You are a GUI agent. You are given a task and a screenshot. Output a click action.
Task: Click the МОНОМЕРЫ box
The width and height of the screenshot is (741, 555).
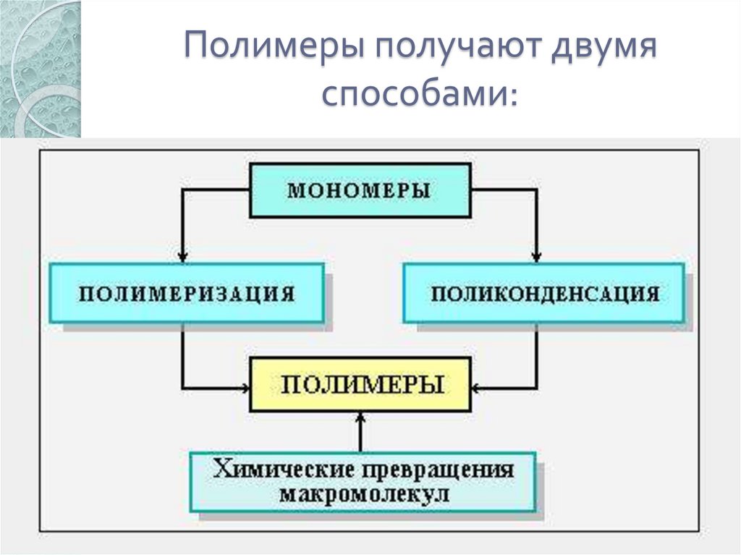pyautogui.click(x=360, y=190)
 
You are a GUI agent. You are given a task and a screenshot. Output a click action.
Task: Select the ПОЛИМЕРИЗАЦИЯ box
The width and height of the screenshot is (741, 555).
pyautogui.click(x=187, y=293)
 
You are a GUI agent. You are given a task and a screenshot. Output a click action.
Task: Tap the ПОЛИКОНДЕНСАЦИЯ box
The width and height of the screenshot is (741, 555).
pyautogui.click(x=543, y=293)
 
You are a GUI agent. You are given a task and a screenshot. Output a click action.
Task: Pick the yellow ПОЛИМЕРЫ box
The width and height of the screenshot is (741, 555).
pyautogui.click(x=360, y=384)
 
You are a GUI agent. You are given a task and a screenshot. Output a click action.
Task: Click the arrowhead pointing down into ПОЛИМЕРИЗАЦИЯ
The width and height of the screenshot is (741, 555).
pyautogui.click(x=182, y=257)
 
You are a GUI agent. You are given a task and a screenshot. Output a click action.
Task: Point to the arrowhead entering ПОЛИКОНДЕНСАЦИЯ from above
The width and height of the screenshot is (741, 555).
pyautogui.click(x=536, y=257)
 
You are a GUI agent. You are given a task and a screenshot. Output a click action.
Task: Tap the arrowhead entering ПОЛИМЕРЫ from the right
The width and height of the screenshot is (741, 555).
pyautogui.click(x=476, y=385)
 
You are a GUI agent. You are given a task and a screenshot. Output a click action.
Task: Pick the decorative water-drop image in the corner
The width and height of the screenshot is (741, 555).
pyautogui.click(x=41, y=69)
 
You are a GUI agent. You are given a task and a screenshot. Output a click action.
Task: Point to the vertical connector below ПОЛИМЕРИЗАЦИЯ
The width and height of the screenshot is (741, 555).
pyautogui.click(x=182, y=355)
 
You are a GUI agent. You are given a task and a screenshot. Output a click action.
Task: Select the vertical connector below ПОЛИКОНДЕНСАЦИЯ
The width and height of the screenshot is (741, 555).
pyautogui.click(x=536, y=355)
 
